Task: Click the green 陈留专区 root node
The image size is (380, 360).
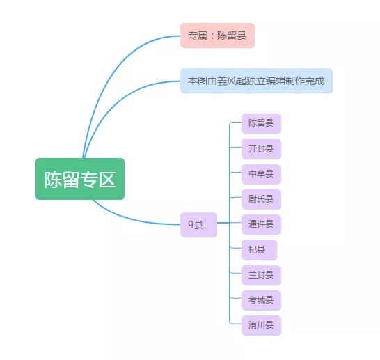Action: tap(80, 179)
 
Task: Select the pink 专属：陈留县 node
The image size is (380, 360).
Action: tap(217, 36)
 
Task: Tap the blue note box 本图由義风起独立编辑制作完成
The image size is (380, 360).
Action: tap(256, 81)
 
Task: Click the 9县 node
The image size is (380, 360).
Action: tap(198, 225)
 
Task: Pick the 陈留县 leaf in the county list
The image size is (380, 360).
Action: tap(261, 124)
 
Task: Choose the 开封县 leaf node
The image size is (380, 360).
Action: tap(261, 149)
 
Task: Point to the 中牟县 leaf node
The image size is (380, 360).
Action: tap(261, 174)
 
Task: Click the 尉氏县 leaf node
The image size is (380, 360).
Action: tap(261, 200)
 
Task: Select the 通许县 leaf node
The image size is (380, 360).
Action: tap(261, 225)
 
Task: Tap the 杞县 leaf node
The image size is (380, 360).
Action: tap(258, 250)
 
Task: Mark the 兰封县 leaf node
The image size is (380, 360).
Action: tap(261, 275)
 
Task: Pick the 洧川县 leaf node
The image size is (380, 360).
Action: tap(261, 325)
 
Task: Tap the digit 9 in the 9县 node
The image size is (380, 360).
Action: tap(191, 225)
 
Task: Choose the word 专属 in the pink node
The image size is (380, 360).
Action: tap(198, 36)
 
